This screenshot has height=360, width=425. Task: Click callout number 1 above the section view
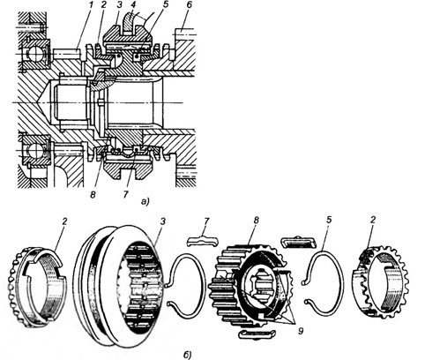tap(92, 6)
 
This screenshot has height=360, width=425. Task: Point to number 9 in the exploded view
tap(301, 331)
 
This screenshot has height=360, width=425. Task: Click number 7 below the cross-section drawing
tap(126, 194)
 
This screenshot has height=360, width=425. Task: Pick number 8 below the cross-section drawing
tap(93, 194)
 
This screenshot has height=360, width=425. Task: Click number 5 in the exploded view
tap(329, 221)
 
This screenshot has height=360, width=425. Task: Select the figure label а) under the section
tap(145, 202)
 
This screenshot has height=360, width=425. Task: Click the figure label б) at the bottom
tap(187, 355)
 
